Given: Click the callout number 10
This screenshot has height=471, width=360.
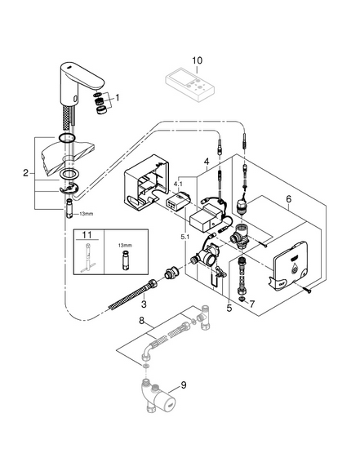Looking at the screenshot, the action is tap(197, 60).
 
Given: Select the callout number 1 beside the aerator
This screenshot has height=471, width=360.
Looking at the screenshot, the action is tap(118, 98).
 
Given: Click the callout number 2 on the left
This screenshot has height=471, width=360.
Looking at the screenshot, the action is tap(26, 173).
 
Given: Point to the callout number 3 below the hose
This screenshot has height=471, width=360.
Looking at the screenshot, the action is tap(144, 304).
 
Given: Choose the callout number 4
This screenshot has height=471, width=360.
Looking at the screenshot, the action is tap(207, 162).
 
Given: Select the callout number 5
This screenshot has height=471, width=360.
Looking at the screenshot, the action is tap(229, 308).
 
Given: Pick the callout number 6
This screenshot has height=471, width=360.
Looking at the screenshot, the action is tap(288, 199).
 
